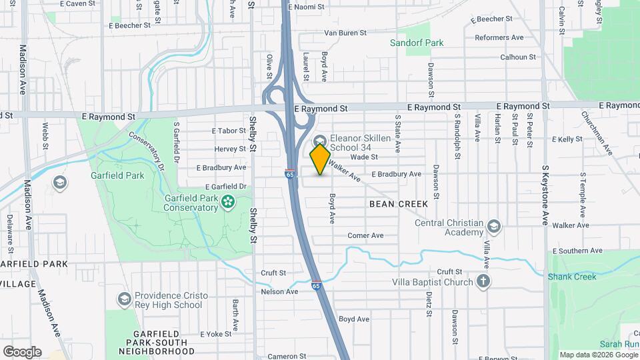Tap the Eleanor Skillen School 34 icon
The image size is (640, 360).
click(x=319, y=141)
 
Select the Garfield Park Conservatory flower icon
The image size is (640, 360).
click(x=229, y=201)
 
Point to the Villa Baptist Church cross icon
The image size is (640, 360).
click(x=484, y=281)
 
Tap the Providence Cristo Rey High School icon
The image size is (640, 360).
click(x=123, y=299)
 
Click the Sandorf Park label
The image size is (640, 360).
click(x=417, y=43)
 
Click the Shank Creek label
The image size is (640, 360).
click(x=572, y=277)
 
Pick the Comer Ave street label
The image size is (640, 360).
click(x=366, y=235)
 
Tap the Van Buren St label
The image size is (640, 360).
click(x=345, y=33)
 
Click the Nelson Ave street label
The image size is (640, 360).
click(x=279, y=291)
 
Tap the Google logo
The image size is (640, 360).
click(x=21, y=351)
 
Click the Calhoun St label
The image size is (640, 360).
click(x=518, y=57)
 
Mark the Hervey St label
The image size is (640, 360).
click(x=231, y=149)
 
